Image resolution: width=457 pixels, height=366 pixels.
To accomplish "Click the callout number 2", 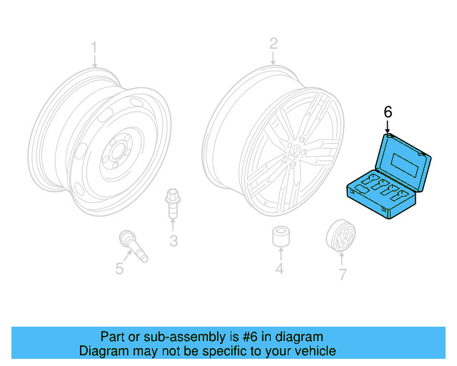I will (x=273, y=44).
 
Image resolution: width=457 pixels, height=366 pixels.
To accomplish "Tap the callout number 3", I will (x=173, y=241).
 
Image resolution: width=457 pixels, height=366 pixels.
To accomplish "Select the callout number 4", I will (x=280, y=269).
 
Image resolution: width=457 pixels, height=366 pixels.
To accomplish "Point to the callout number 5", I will (x=119, y=269).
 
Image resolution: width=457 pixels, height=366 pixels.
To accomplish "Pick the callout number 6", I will (x=388, y=112).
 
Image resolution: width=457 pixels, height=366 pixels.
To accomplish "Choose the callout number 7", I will (x=342, y=274).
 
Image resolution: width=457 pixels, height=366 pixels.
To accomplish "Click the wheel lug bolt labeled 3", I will (x=172, y=204).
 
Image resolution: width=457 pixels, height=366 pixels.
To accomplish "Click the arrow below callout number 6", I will (x=388, y=127).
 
